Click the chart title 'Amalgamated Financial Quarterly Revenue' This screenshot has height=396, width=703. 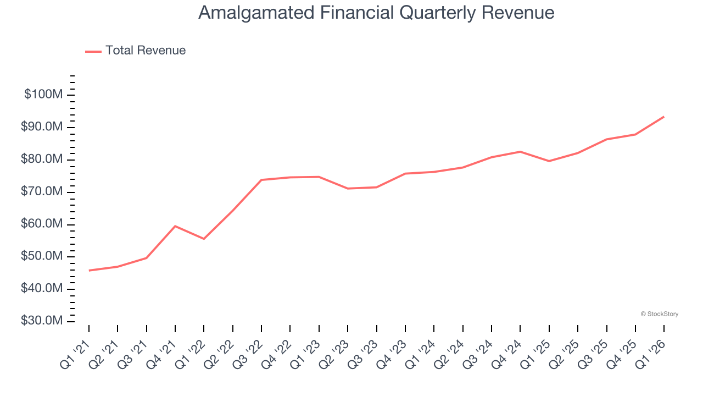[x=376, y=13]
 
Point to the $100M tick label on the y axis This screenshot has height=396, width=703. [x=43, y=95]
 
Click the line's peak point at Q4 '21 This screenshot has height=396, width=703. [x=175, y=226]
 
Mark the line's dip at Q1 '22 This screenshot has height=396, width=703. [x=204, y=239]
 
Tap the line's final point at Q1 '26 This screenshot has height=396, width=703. [x=664, y=117]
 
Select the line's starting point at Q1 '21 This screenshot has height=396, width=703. [x=89, y=271]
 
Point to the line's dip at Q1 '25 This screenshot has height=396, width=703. [x=549, y=161]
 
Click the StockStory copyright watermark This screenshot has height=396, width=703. [x=659, y=314]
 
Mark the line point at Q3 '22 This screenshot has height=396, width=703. [x=261, y=180]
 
